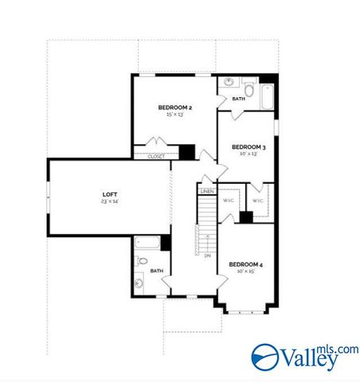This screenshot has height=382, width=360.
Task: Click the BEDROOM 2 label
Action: (174, 107)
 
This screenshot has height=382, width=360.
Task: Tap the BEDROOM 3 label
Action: (248, 146)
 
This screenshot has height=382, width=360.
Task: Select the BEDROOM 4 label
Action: (245, 263)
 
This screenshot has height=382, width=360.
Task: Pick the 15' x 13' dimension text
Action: (174, 115)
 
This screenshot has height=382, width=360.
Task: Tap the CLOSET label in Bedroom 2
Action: (157, 157)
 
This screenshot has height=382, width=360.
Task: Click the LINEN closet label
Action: (207, 192)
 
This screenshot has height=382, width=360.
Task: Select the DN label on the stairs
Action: (207, 255)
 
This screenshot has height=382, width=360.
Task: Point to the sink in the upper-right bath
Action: (229, 83)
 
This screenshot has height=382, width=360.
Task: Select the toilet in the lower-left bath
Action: (141, 261)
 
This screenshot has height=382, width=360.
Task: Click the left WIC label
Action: (228, 201)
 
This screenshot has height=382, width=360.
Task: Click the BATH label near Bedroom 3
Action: (238, 99)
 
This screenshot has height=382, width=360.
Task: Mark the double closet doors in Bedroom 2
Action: (156, 146)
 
